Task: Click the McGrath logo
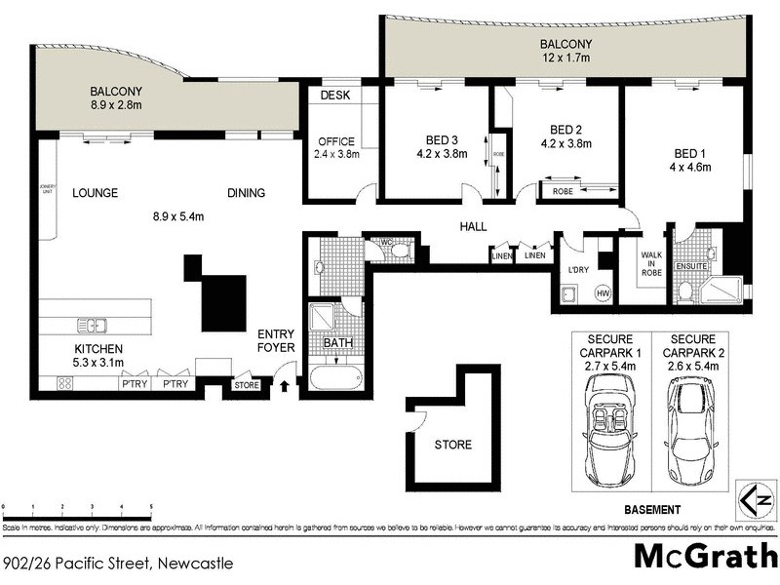(x=699, y=557)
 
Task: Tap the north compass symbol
(x=756, y=500)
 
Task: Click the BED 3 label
(x=435, y=139)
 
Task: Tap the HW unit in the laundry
(x=603, y=293)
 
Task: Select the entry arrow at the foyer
(x=285, y=386)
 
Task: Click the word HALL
(x=473, y=227)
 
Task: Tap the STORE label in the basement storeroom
(x=453, y=445)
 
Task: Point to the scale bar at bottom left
(x=78, y=508)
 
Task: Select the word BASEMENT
(x=651, y=510)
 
